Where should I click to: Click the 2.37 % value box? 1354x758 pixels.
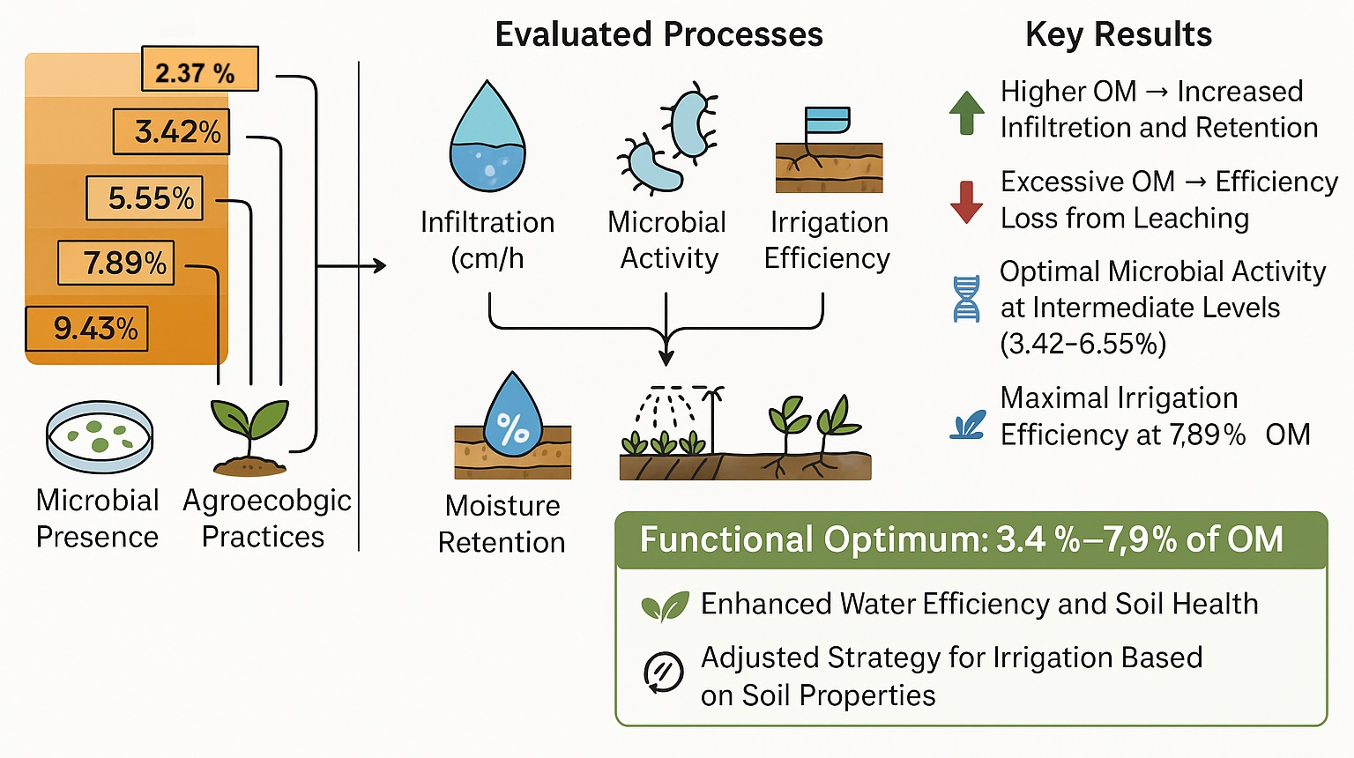(x=199, y=69)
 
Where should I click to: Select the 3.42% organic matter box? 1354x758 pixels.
(x=171, y=131)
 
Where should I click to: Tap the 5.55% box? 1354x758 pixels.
(x=145, y=197)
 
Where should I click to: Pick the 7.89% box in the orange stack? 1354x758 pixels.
(x=115, y=263)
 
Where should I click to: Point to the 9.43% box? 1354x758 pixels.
(x=86, y=329)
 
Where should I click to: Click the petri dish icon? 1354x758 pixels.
(x=100, y=435)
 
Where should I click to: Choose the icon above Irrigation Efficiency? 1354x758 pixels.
(x=828, y=151)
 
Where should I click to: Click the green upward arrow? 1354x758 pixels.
(x=966, y=112)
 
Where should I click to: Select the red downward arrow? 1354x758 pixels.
(x=966, y=202)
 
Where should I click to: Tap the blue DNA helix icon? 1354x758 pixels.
(x=966, y=299)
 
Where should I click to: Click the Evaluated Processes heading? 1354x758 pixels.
(x=658, y=34)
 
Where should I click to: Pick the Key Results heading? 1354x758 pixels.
(x=1118, y=34)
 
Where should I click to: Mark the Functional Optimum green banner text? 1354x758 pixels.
(x=961, y=539)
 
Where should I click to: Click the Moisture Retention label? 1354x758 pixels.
(x=502, y=524)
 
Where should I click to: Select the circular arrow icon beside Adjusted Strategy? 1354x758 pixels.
(x=664, y=672)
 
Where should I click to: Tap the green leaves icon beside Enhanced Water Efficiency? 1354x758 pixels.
(x=665, y=606)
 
